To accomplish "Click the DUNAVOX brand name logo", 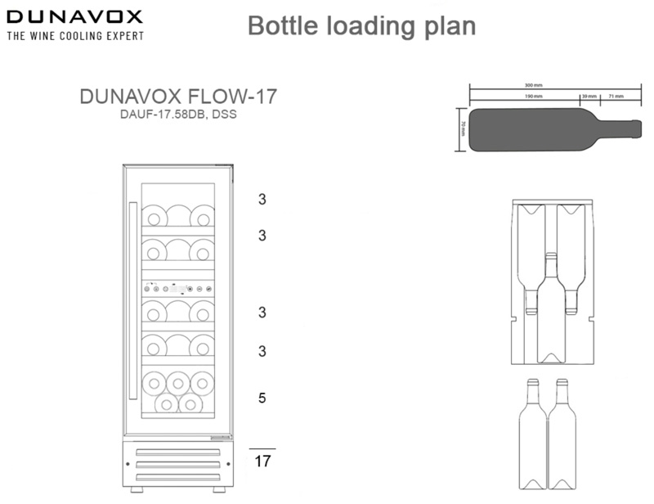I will tap(74, 16).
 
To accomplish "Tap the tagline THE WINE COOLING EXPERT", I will tap(74, 36).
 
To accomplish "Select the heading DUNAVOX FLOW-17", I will tap(178, 97).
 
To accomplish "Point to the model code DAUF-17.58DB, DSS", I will tap(178, 115).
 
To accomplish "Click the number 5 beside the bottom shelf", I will tap(262, 398).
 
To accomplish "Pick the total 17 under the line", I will tap(262, 461).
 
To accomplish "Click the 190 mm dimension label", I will tap(534, 97).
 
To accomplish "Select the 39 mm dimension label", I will tap(589, 97).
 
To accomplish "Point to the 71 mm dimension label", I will tap(616, 97).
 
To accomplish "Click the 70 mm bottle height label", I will tap(462, 129).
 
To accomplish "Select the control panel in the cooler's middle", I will tap(178, 288).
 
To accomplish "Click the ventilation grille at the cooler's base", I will tap(178, 464).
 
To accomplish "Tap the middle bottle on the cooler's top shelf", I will tap(178, 216).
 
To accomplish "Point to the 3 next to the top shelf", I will tap(262, 199).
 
